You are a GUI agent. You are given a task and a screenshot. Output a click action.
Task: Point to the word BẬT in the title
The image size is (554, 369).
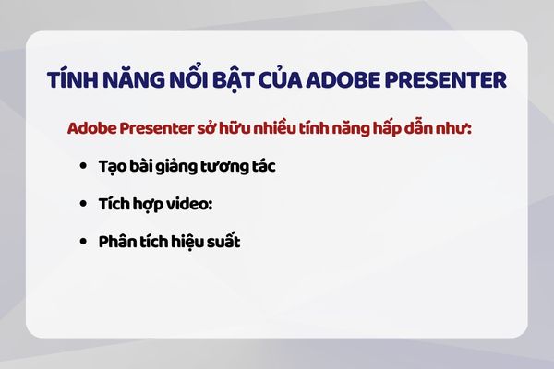(x=229, y=80)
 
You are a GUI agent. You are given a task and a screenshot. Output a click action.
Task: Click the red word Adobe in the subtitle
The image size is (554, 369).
(x=91, y=127)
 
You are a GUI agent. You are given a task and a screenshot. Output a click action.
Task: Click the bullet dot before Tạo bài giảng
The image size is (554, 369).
(x=85, y=167)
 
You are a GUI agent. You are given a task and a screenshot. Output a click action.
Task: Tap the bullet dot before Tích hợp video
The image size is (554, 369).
(x=85, y=203)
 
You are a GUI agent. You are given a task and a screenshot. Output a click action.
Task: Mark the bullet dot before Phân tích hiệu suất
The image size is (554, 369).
(x=85, y=240)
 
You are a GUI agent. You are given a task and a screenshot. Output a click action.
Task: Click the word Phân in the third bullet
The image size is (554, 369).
(x=116, y=240)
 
